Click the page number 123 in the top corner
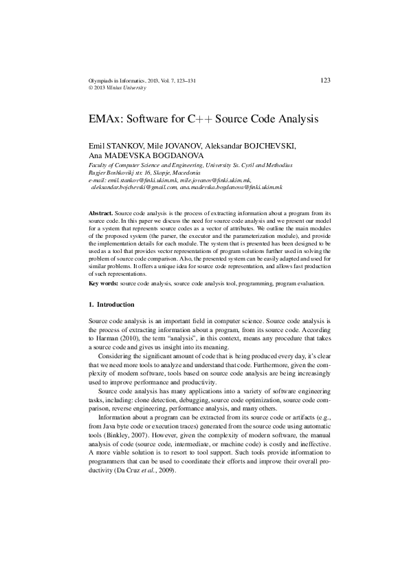click(x=326, y=80)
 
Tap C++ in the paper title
click(x=200, y=119)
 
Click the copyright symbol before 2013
click(x=92, y=89)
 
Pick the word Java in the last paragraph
click(x=111, y=428)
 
